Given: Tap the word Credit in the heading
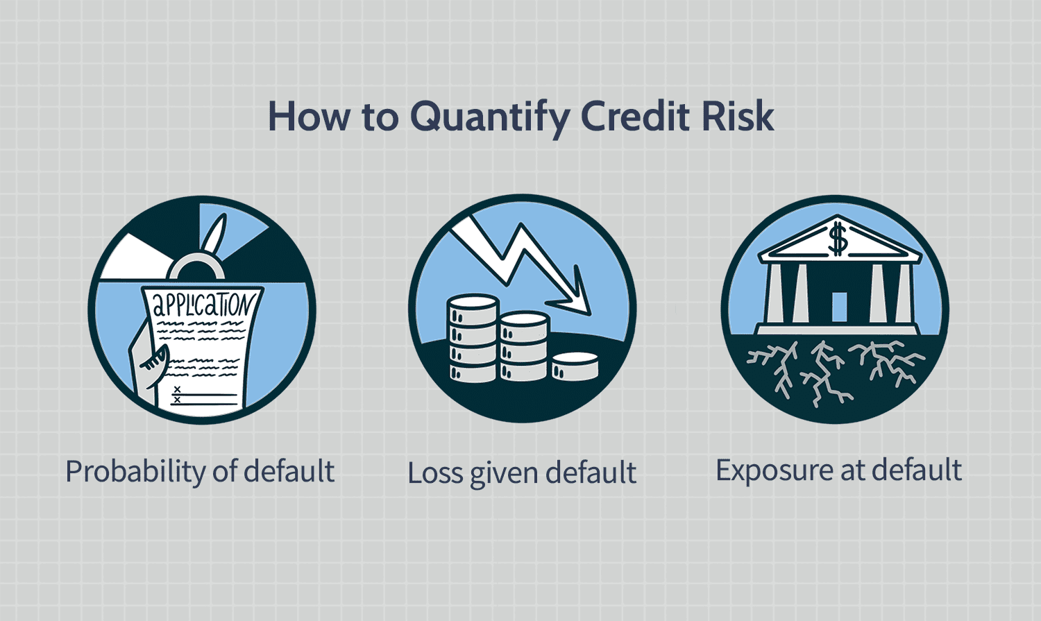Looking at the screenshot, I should pyautogui.click(x=634, y=116).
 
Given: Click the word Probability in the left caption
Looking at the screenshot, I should pyautogui.click(x=134, y=472).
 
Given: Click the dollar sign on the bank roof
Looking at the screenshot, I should pyautogui.click(x=838, y=238).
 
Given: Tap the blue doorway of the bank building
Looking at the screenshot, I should pyautogui.click(x=839, y=307).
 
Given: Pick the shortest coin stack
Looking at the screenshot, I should pyautogui.click(x=575, y=366).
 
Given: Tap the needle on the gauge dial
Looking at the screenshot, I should pyautogui.click(x=217, y=237).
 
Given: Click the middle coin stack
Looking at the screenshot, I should pyautogui.click(x=524, y=347).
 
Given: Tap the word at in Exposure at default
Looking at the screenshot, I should pyautogui.click(x=854, y=470).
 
